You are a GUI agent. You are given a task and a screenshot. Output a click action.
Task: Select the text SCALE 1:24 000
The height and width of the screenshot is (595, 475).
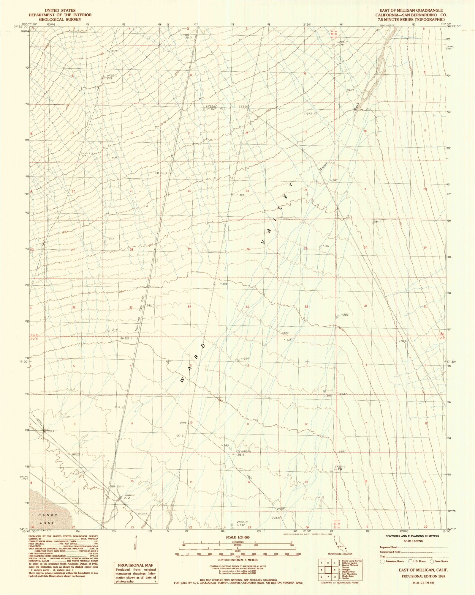[x=238, y=538]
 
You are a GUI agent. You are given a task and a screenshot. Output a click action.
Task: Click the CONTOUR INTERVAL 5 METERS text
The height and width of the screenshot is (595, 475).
[x=237, y=560]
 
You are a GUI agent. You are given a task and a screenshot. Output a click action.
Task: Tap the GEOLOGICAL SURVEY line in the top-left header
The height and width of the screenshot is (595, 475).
[x=60, y=19]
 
